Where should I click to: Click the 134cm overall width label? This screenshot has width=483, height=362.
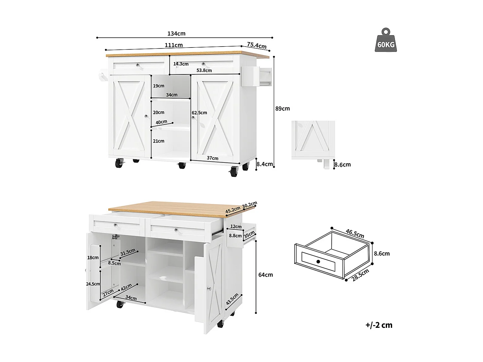pyautogui.click(x=176, y=34)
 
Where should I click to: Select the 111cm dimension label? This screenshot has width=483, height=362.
pyautogui.click(x=174, y=45)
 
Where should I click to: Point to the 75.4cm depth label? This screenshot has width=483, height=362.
pyautogui.click(x=257, y=45)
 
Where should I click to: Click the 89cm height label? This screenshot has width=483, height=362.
pyautogui.click(x=283, y=109)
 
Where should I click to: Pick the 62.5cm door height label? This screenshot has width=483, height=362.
pyautogui.click(x=199, y=113)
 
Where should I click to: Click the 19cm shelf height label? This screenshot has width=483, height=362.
pyautogui.click(x=159, y=86)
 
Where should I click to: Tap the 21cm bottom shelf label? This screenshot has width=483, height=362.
pyautogui.click(x=159, y=141)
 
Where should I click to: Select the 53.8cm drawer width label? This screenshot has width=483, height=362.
pyautogui.click(x=204, y=70)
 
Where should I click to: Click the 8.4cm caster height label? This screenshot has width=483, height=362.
pyautogui.click(x=265, y=164)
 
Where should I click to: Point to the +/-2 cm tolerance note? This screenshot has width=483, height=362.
pyautogui.click(x=379, y=325)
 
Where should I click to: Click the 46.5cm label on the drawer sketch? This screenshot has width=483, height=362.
pyautogui.click(x=355, y=233)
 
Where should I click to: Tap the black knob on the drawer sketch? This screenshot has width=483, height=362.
pyautogui.click(x=318, y=262)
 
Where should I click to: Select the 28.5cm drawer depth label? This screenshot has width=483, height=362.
pyautogui.click(x=360, y=275)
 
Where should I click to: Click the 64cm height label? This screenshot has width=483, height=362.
pyautogui.click(x=266, y=275)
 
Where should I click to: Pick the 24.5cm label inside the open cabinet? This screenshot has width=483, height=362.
pyautogui.click(x=93, y=284)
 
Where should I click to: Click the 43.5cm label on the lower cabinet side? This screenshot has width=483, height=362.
pyautogui.click(x=232, y=299)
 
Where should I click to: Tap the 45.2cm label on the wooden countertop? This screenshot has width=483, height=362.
pyautogui.click(x=233, y=210)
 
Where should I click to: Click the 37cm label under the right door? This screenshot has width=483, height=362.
pyautogui.click(x=213, y=158)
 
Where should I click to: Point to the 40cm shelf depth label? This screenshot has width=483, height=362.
pyautogui.click(x=162, y=122)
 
